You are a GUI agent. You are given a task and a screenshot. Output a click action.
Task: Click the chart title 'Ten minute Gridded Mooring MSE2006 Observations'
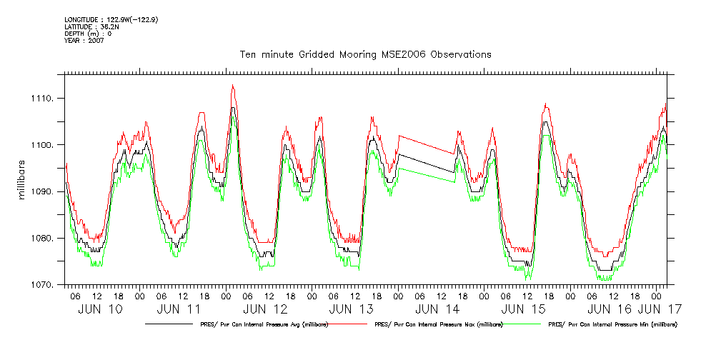(364, 55)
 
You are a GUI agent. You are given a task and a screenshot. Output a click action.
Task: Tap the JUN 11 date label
(178, 309)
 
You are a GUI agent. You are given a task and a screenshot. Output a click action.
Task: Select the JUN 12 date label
(265, 309)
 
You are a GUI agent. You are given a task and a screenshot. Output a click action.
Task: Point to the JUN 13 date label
(352, 309)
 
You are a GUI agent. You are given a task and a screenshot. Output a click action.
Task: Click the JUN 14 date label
(437, 309)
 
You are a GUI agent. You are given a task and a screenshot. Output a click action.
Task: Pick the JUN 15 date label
(524, 309)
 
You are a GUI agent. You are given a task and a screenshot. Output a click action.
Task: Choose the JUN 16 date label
(610, 309)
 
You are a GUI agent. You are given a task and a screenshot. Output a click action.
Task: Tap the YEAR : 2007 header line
(84, 41)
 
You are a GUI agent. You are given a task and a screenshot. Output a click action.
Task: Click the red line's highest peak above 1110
(232, 86)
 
